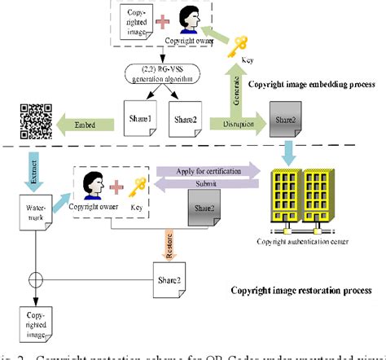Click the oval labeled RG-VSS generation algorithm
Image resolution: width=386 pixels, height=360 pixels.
click(x=164, y=78)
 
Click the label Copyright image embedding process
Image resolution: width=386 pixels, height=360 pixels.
click(x=312, y=85)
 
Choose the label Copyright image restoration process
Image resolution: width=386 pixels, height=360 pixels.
click(x=301, y=290)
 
